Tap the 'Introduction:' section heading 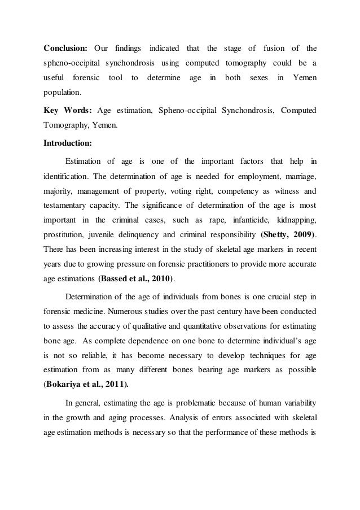[x=69, y=143]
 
